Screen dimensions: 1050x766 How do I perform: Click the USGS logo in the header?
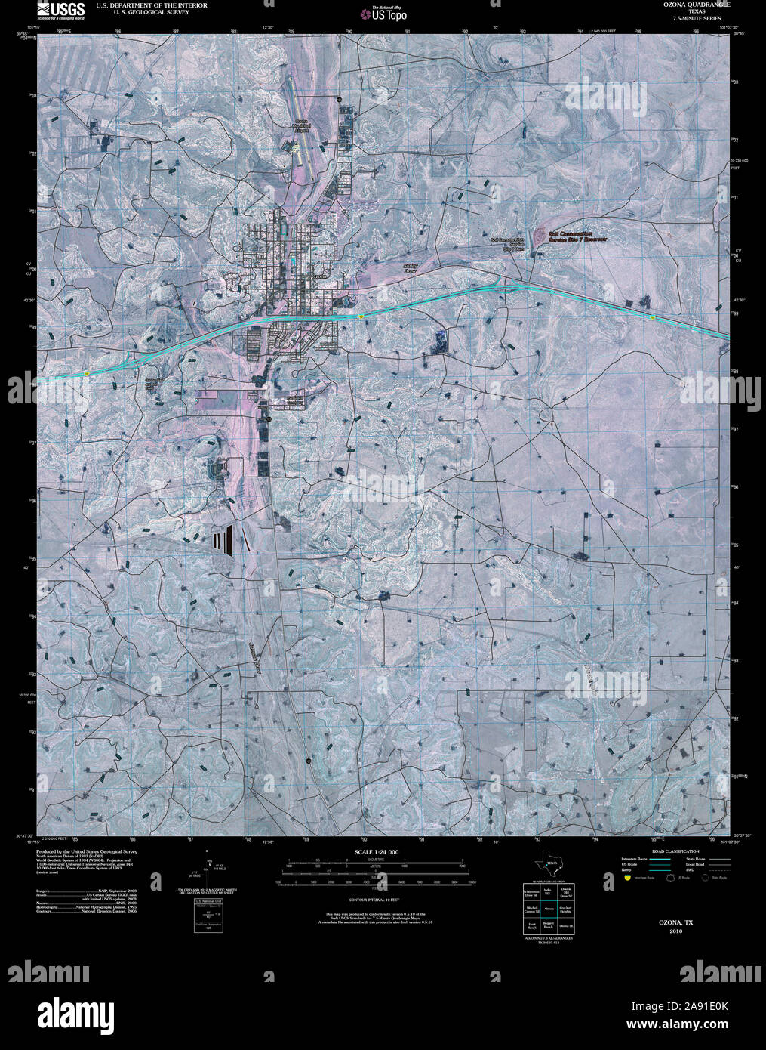[x=61, y=9]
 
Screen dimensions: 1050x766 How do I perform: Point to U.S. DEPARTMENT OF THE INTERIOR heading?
[x=152, y=5]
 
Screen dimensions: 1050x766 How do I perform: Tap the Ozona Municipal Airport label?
[x=302, y=125]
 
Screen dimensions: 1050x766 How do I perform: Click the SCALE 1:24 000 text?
[x=376, y=852]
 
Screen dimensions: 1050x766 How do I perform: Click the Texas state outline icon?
[x=547, y=866]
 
